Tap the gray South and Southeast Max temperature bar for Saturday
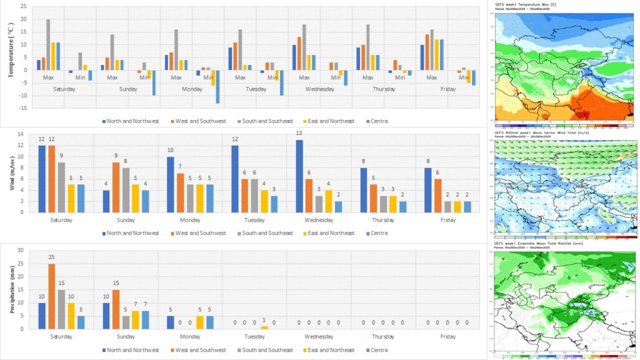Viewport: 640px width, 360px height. coord(48,45)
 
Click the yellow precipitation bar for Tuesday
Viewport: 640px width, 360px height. coord(264,327)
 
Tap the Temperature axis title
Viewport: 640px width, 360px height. coord(10,56)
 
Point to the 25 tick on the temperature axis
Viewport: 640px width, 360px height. coord(23,6)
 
